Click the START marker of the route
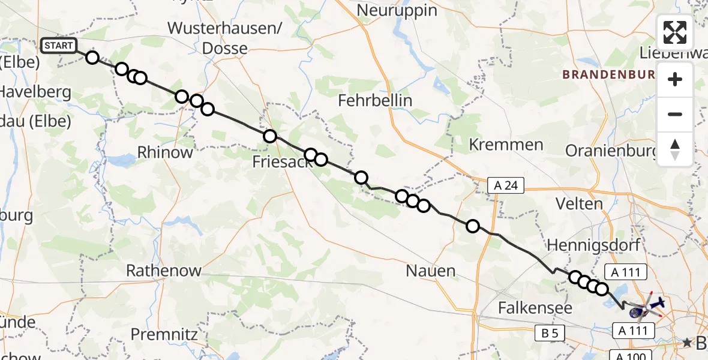click(58, 46)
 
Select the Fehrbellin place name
click(375, 100)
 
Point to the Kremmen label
click(506, 145)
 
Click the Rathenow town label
click(164, 271)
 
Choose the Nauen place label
click(431, 271)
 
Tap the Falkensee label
click(535, 308)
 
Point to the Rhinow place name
click(165, 152)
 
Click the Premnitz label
click(164, 334)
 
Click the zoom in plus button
click(675, 79)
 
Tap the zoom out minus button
click(675, 114)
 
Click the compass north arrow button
click(675, 149)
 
